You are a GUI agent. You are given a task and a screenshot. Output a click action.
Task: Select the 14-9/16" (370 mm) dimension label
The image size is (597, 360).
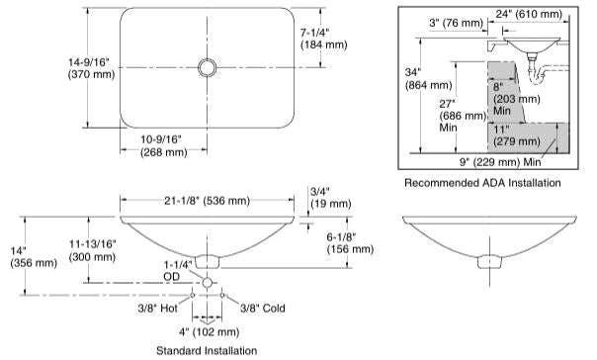(x=91, y=68)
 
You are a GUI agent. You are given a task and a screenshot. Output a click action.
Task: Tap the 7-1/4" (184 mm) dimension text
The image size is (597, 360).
(x=323, y=39)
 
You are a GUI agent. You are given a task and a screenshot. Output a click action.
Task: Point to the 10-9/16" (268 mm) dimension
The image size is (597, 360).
(x=164, y=146)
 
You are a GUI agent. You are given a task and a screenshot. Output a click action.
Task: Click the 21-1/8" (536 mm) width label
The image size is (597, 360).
(x=208, y=201)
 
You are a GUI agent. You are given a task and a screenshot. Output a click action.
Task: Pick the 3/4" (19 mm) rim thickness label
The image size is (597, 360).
(x=330, y=198)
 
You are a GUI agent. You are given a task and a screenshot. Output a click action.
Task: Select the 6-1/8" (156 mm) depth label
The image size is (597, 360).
(x=350, y=243)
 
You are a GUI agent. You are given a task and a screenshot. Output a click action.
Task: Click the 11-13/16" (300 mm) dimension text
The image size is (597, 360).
(x=92, y=250)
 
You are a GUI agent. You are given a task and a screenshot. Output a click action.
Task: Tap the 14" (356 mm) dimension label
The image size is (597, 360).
(x=34, y=257)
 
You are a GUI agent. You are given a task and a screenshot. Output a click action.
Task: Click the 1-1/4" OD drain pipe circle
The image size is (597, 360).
(x=208, y=282)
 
